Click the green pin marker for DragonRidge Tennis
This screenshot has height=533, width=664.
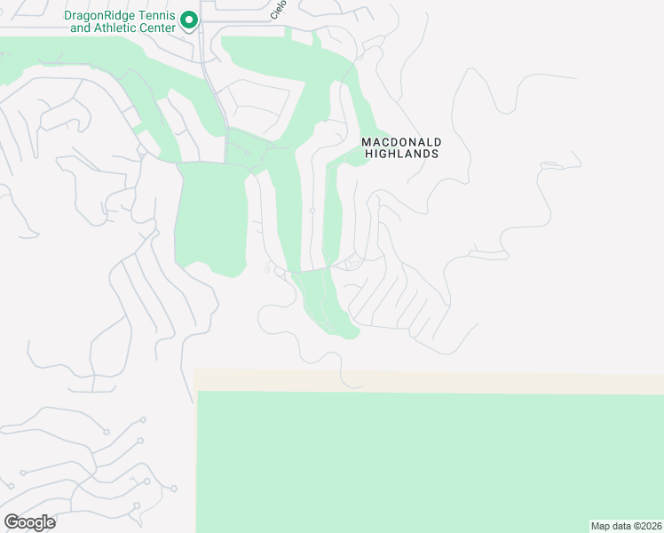189,20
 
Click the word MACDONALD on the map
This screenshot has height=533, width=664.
401,142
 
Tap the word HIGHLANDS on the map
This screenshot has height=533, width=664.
402,154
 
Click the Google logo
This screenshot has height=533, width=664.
29,522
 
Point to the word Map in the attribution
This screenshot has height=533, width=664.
601,525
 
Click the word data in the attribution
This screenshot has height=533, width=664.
622,525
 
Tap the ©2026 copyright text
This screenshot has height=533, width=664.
648,525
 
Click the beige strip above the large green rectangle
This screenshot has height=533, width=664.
426,380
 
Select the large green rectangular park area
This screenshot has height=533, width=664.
426,462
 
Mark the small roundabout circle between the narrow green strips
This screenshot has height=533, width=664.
312,211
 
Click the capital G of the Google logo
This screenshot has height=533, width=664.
12,522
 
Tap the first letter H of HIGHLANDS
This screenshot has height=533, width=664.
369,154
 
